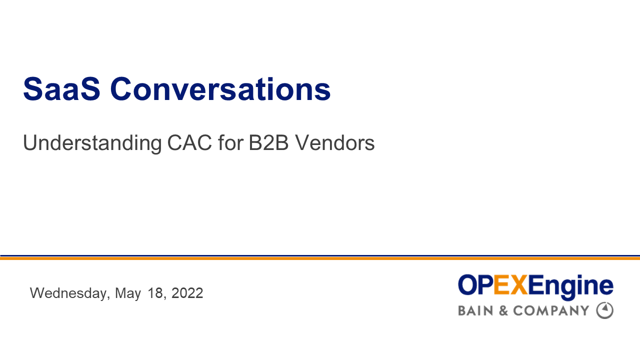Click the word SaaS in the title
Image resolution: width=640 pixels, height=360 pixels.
(62, 89)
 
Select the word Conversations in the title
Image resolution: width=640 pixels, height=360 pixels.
(220, 89)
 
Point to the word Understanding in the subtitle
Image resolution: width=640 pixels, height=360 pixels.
(92, 143)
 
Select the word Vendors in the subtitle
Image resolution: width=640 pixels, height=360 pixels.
(334, 143)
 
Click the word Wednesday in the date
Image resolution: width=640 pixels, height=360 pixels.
(69, 293)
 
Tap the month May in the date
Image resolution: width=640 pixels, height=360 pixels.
(128, 293)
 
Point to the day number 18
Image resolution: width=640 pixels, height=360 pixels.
(155, 293)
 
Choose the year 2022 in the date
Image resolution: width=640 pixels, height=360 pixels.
(187, 293)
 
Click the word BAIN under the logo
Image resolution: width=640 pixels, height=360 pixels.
(475, 311)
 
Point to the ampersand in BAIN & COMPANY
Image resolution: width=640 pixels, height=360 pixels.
(503, 311)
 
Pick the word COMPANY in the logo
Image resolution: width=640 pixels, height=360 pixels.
(551, 311)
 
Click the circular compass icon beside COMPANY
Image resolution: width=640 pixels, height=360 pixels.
(604, 310)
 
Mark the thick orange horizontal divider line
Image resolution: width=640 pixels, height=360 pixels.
(320, 258)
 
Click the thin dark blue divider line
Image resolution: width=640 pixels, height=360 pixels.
(320, 255)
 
